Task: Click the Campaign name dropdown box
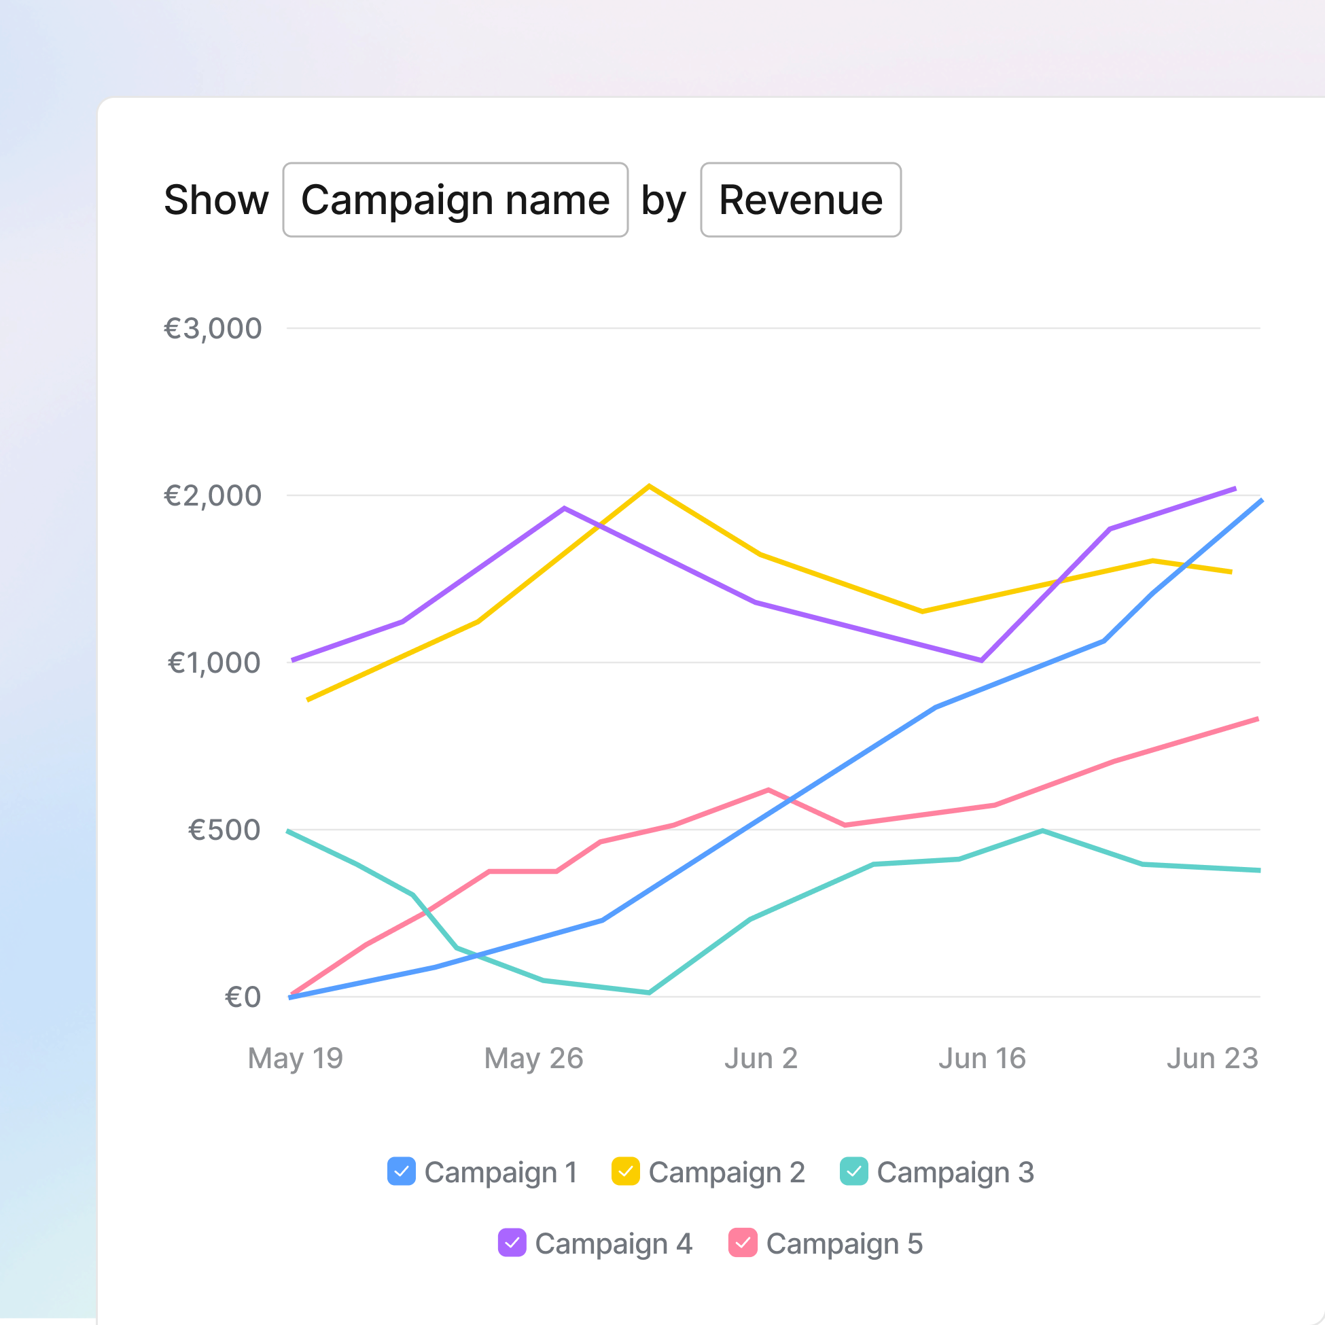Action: click(x=455, y=200)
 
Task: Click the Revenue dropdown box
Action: click(x=800, y=200)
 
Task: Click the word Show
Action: click(x=216, y=200)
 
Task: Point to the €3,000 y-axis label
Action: click(x=213, y=328)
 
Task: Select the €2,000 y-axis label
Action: click(x=213, y=496)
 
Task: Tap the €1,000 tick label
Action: click(x=214, y=662)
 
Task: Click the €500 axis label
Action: click(x=224, y=830)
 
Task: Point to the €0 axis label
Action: click(x=243, y=997)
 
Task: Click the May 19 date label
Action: click(x=295, y=1058)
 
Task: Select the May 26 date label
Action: click(x=533, y=1058)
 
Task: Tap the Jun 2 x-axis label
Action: click(x=760, y=1058)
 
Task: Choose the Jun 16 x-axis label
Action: click(x=981, y=1058)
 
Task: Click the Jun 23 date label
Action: click(x=1212, y=1058)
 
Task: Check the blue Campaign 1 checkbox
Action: click(x=401, y=1171)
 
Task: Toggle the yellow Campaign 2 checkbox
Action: click(x=625, y=1171)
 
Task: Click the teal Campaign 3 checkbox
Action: click(x=854, y=1171)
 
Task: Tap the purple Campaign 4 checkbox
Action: click(x=512, y=1243)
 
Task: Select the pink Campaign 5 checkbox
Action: click(x=743, y=1243)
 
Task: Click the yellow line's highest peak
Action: click(x=649, y=487)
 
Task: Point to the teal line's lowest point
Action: click(x=649, y=992)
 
